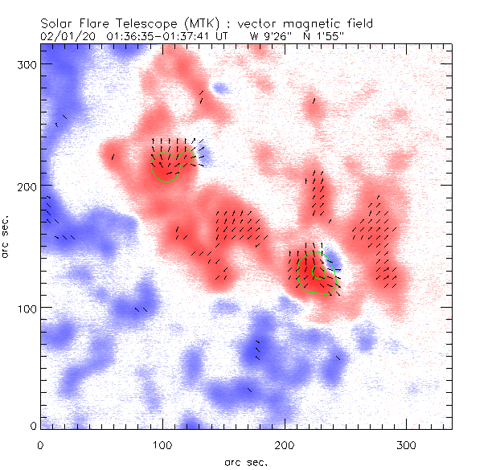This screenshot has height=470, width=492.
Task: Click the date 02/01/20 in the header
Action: [x=64, y=36]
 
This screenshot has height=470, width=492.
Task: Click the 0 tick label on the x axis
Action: [x=40, y=444]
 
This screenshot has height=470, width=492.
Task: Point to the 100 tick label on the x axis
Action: [x=162, y=444]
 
